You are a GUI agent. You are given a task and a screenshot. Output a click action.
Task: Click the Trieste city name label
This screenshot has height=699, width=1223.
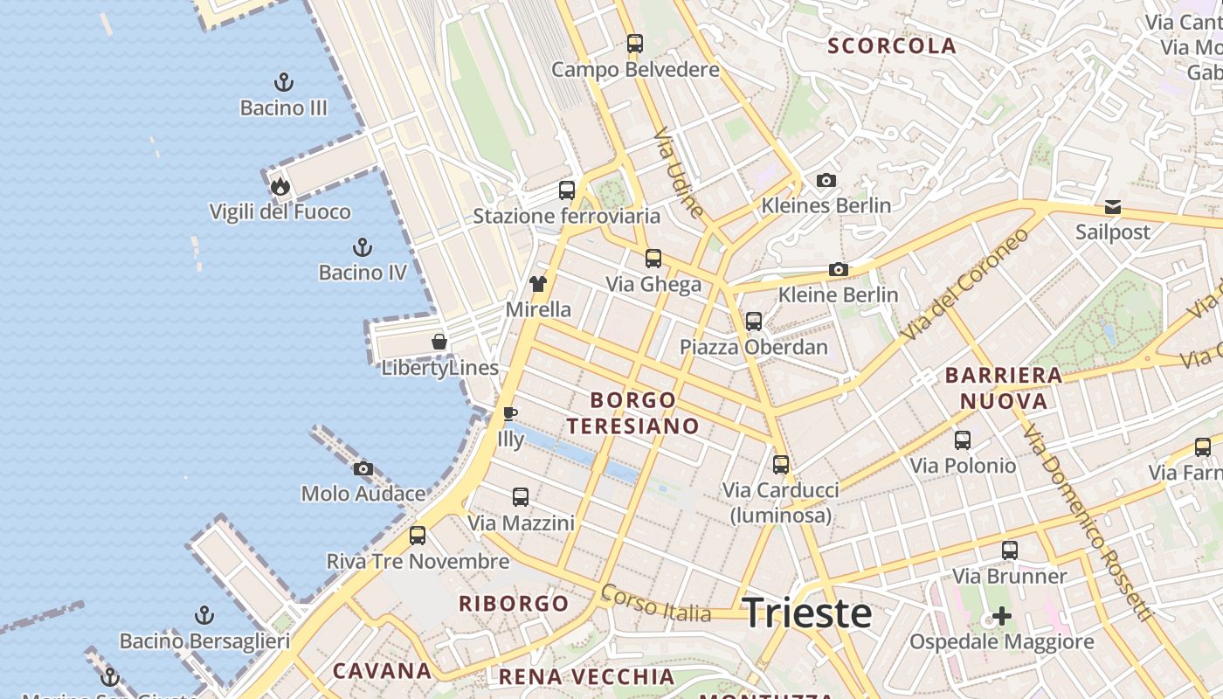coord(807,613)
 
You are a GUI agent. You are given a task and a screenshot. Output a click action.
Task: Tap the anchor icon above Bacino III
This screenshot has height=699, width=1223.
coord(283,83)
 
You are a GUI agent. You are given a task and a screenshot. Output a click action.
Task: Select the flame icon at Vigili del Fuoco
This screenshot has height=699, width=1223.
coord(280,186)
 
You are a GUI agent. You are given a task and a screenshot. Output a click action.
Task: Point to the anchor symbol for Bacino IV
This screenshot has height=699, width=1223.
coord(362,247)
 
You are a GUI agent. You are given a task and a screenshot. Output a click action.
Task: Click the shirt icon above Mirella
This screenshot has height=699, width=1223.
coord(538,284)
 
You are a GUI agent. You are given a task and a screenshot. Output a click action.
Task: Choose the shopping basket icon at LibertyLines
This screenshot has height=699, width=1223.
coord(439,342)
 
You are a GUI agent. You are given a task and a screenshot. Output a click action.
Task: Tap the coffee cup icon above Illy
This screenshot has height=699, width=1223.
coord(510,413)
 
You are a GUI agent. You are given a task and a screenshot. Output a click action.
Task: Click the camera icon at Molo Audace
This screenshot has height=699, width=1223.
coord(363,469)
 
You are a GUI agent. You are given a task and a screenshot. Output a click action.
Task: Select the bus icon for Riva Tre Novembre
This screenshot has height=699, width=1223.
coord(418,536)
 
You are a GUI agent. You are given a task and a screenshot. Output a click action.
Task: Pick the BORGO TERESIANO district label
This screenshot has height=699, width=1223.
coord(632,413)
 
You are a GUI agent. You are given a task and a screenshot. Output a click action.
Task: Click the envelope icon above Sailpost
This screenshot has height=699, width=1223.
coord(1113,207)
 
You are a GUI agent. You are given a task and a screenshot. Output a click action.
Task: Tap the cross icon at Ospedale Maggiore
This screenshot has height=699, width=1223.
coord(1001,617)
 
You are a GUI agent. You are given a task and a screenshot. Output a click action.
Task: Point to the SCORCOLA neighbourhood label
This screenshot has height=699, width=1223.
coord(892,46)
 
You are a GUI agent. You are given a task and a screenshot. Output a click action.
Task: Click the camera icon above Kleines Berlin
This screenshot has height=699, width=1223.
coord(826,181)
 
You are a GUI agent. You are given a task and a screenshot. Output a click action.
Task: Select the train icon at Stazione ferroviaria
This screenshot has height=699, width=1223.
coord(567,190)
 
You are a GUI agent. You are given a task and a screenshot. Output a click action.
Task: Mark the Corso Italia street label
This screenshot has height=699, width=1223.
coord(655,604)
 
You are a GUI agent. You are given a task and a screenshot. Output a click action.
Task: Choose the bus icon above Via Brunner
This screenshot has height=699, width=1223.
coord(1010,550)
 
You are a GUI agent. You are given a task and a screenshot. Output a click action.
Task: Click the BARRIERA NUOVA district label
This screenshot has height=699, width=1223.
coord(1004,389)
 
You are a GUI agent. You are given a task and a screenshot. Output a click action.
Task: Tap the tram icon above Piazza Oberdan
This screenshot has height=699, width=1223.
coord(754,322)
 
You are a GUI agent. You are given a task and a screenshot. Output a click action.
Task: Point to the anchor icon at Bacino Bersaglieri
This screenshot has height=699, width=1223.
coord(204,615)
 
